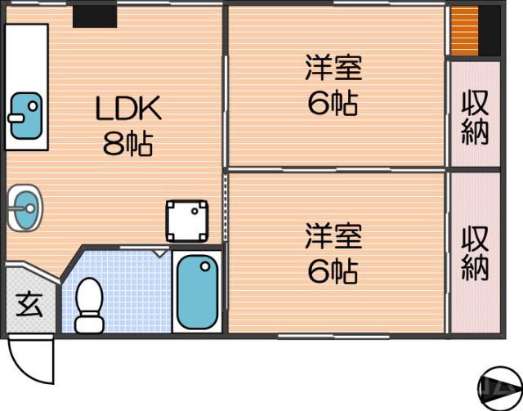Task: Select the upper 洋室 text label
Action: pyautogui.click(x=333, y=68)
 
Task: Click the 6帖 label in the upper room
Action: pyautogui.click(x=333, y=104)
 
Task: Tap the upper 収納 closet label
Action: pyautogui.click(x=475, y=118)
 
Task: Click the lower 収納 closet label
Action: pyautogui.click(x=475, y=252)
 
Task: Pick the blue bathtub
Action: pyautogui.click(x=198, y=291)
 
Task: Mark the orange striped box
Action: pyautogui.click(x=463, y=31)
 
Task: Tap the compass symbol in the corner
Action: pyautogui.click(x=500, y=386)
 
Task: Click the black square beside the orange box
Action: pyautogui.click(x=489, y=31)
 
